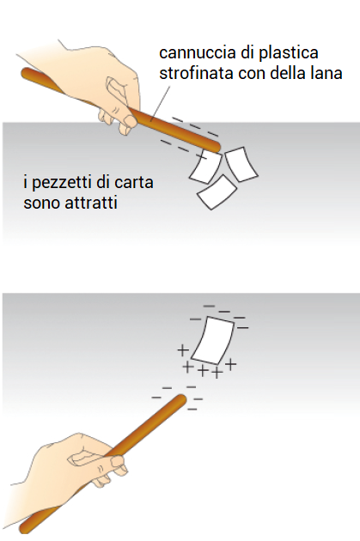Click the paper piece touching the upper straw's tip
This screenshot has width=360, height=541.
point(205,167)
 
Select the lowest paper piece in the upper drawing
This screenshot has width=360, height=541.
point(217,191)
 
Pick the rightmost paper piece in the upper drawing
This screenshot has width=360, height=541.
point(241,164)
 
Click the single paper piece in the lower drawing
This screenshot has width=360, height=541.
point(213,341)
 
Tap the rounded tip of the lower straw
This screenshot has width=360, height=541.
point(181,399)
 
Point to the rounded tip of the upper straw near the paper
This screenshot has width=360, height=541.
point(215,147)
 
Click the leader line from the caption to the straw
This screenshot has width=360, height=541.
point(161,104)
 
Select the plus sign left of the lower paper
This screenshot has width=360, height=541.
point(183,350)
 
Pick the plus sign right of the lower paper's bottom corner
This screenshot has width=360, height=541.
point(231,363)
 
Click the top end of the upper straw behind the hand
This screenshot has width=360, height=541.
point(26,73)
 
